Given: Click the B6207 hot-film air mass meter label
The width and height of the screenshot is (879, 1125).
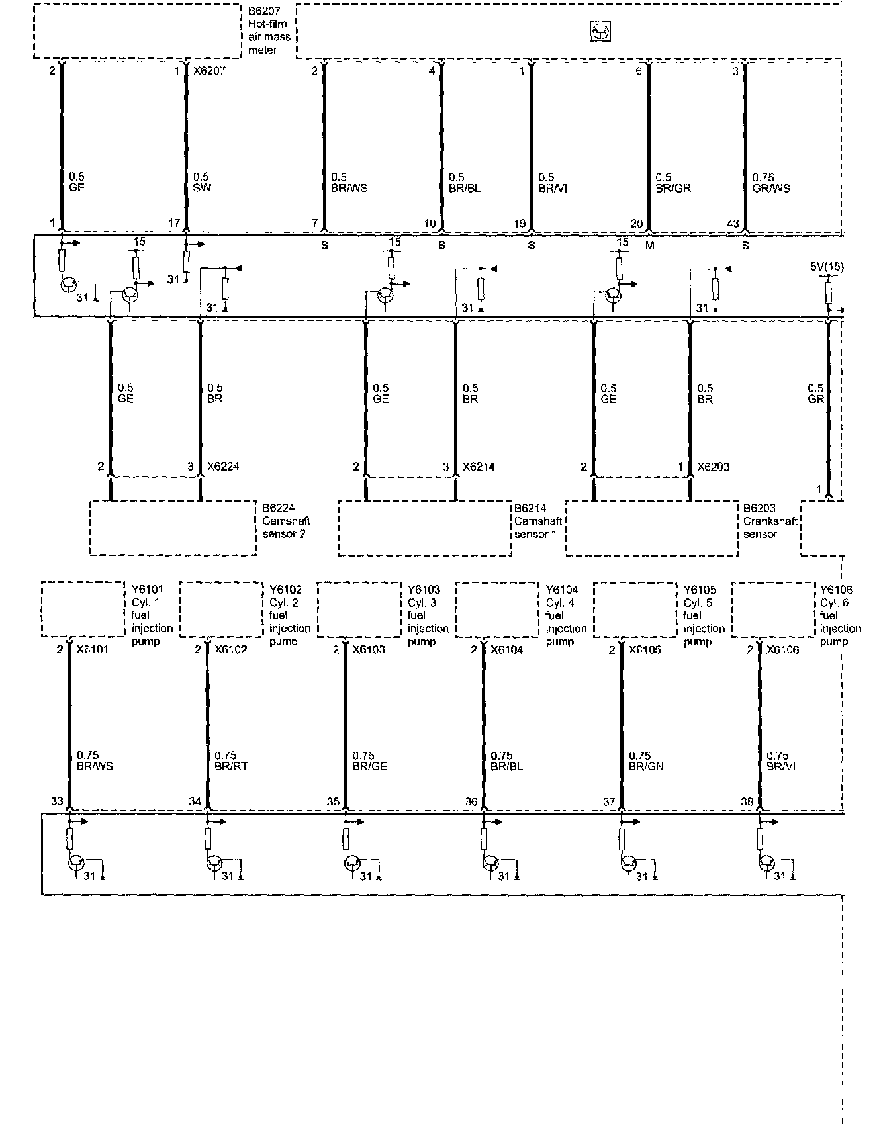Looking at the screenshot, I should tap(269, 30).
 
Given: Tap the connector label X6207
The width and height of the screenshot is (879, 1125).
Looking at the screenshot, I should tap(209, 71).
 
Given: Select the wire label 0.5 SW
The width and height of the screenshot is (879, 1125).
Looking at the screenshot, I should tap(202, 183).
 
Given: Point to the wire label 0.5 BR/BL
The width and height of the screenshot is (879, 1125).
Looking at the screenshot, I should tap(465, 183).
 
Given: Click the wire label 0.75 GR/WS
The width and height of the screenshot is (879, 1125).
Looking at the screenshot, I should tap(771, 183).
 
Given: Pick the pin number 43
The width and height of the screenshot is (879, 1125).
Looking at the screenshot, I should tap(733, 224).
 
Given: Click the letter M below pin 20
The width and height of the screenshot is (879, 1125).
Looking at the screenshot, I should tap(649, 246).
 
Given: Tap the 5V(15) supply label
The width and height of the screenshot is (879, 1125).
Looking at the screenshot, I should tap(827, 267).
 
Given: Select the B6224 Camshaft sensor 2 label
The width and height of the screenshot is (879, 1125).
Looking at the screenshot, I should tap(286, 521).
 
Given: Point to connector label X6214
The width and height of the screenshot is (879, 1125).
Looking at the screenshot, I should tap(479, 467).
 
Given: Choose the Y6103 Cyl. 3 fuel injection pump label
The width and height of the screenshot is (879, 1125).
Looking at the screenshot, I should tap(428, 615).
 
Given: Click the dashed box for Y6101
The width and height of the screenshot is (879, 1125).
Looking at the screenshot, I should tap(83, 609).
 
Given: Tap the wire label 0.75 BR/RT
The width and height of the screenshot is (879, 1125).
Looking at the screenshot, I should tap(231, 761).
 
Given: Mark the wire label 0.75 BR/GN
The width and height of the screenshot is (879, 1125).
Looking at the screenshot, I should tap(646, 761).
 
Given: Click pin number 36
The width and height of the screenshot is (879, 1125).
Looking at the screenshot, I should tap(471, 801).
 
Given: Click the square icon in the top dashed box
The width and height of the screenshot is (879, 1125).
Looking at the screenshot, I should tap(600, 32).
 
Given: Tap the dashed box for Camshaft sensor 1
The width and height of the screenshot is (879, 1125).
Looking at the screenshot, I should tap(424, 527).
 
